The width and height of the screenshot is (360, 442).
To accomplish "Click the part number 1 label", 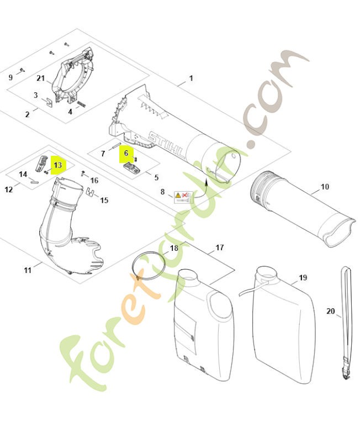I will coord(191,78).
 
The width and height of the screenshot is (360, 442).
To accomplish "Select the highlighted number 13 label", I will coord(58,164).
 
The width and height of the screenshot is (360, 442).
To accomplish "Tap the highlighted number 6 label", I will coord(126,153).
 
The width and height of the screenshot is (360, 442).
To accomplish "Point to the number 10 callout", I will coord(325,187).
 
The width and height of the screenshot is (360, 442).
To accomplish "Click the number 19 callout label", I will coord(303,277).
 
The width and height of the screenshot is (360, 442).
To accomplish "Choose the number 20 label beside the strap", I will coord(331,312).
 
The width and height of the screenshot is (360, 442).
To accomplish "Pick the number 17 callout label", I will coord(219,248).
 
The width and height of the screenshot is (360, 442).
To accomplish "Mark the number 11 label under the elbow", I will coord(28,270).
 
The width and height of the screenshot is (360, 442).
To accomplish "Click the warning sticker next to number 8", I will coord(183,196).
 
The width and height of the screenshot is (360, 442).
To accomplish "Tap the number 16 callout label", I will coord(94,180).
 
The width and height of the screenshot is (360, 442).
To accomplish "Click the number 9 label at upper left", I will coord(10,77).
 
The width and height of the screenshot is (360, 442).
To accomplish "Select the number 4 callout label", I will coord(70,112).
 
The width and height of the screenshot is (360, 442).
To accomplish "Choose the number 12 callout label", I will coord(9,190).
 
